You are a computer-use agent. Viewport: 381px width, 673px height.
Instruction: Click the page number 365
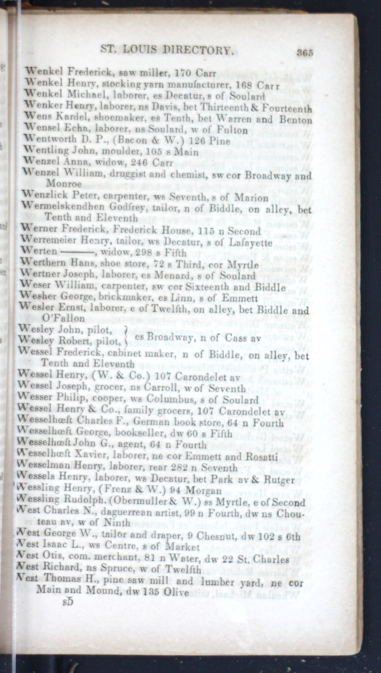point(304,52)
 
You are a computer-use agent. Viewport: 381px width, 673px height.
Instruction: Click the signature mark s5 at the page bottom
point(70,603)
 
